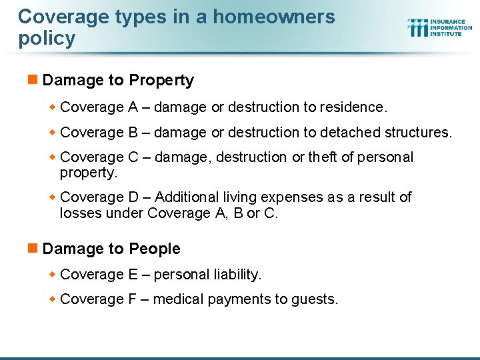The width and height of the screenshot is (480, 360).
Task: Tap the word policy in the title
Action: click(x=47, y=39)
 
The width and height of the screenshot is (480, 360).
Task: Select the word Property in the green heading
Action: click(x=161, y=81)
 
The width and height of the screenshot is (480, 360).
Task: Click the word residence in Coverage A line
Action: click(x=352, y=107)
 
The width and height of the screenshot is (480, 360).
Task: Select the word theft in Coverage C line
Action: click(x=323, y=157)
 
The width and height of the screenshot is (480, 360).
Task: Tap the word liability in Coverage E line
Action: click(x=236, y=274)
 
